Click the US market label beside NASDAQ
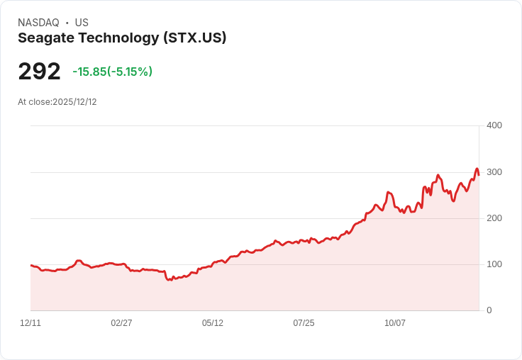[x=82, y=23]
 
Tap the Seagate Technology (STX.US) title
[x=122, y=38]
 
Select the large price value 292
[x=39, y=71]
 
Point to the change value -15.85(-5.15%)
[x=112, y=72]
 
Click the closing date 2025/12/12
[x=74, y=102]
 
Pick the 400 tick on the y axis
[x=494, y=125]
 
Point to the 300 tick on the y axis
[x=494, y=172]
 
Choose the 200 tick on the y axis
[x=494, y=218]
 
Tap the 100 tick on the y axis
[x=494, y=264]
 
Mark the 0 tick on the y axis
[x=489, y=310]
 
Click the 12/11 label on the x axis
[x=30, y=323]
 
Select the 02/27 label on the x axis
[x=121, y=323]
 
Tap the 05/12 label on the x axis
[x=213, y=323]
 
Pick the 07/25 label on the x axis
[x=304, y=323]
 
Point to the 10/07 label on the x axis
[x=395, y=323]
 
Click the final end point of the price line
[x=479, y=175]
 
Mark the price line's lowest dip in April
[x=169, y=281]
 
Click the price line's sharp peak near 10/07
[x=388, y=192]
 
